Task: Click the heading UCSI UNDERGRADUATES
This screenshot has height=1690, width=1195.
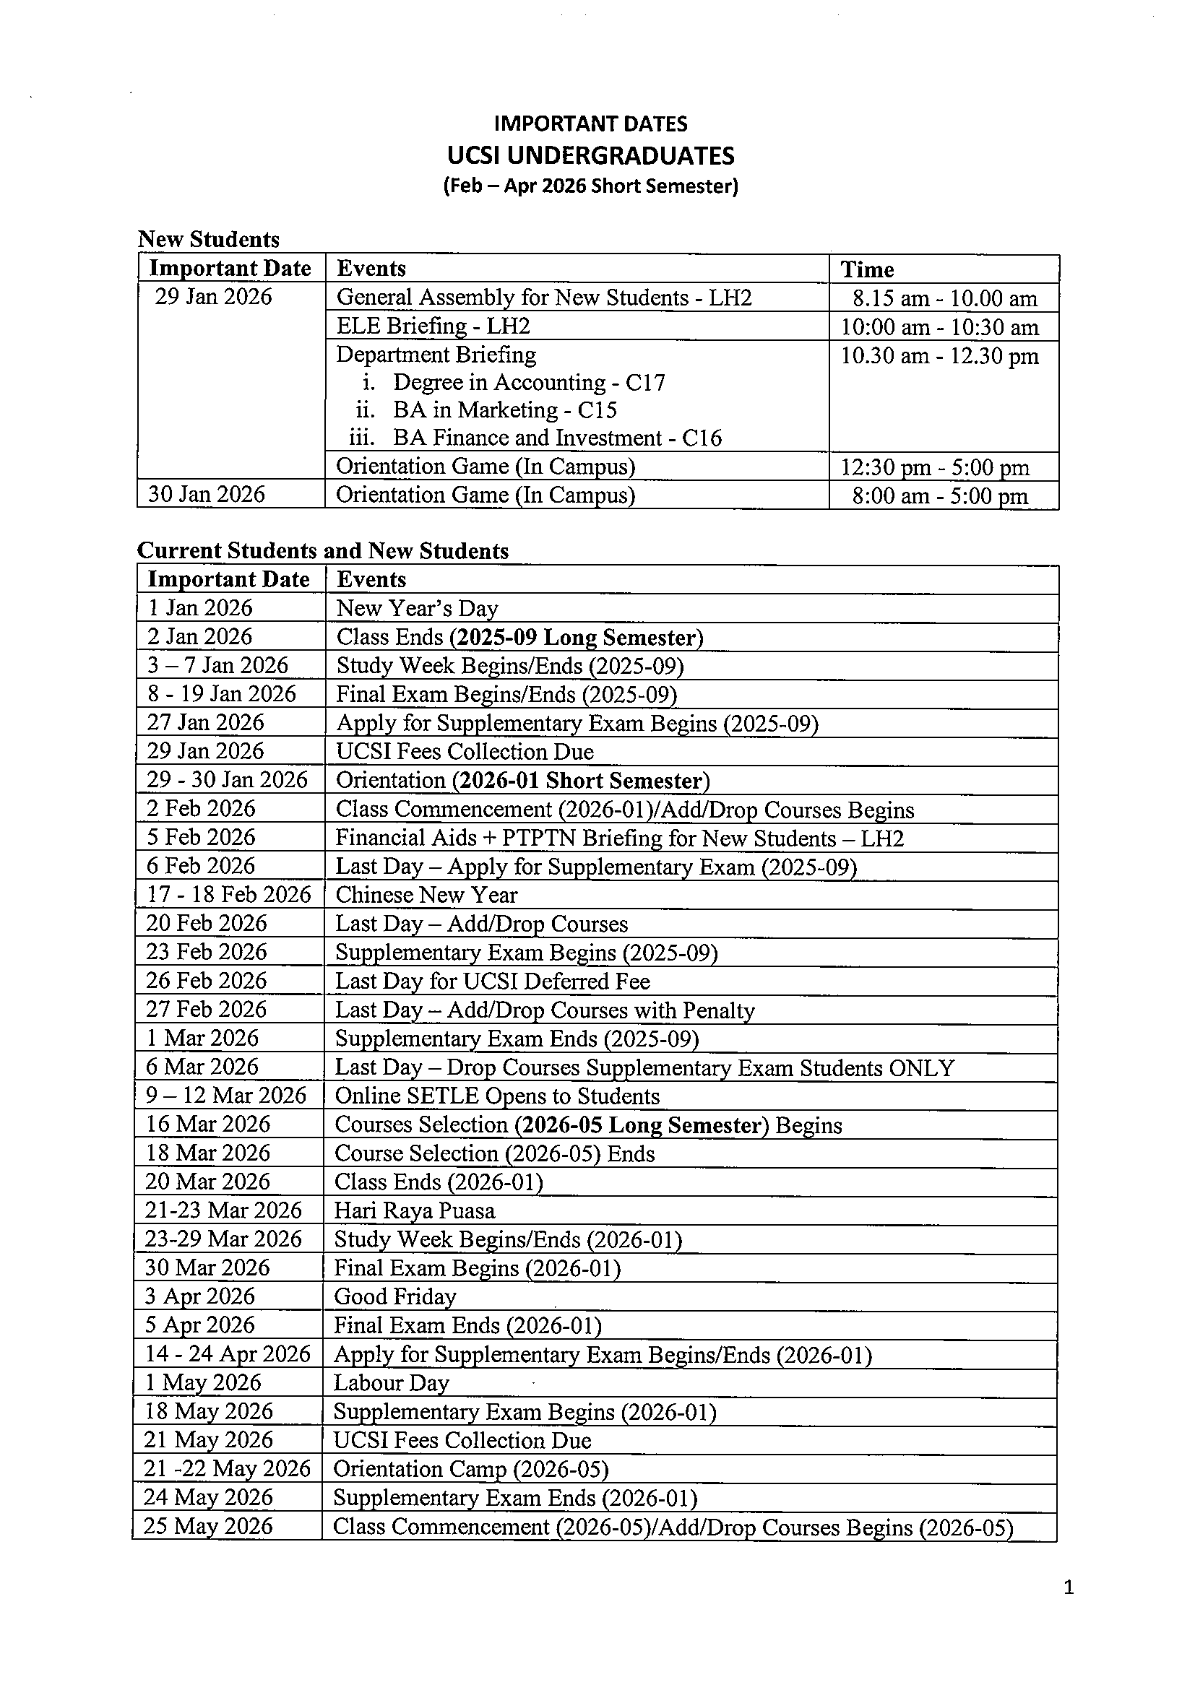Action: pyautogui.click(x=590, y=156)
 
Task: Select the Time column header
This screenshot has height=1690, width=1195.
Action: pyautogui.click(x=868, y=269)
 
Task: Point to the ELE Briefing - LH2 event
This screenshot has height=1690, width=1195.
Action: pyautogui.click(x=433, y=326)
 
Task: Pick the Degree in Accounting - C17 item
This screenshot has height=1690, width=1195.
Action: pyautogui.click(x=529, y=383)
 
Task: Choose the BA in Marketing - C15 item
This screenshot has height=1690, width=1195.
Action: pyautogui.click(x=504, y=410)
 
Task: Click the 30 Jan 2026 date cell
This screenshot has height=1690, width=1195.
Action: pyautogui.click(x=206, y=494)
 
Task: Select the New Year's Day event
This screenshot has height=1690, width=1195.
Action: pyautogui.click(x=417, y=609)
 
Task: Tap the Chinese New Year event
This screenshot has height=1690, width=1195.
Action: pyautogui.click(x=426, y=895)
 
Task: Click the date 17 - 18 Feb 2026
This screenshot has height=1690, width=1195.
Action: pyautogui.click(x=228, y=894)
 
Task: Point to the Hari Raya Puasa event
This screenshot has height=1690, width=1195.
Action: pyautogui.click(x=414, y=1211)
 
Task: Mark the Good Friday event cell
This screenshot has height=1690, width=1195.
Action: pyautogui.click(x=394, y=1297)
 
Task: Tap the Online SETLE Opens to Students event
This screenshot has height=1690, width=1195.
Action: pyautogui.click(x=497, y=1096)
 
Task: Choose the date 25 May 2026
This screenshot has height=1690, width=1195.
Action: pyautogui.click(x=207, y=1526)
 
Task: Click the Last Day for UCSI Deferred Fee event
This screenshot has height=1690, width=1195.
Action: pyautogui.click(x=493, y=981)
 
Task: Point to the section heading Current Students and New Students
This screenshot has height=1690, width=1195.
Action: pyautogui.click(x=322, y=551)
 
